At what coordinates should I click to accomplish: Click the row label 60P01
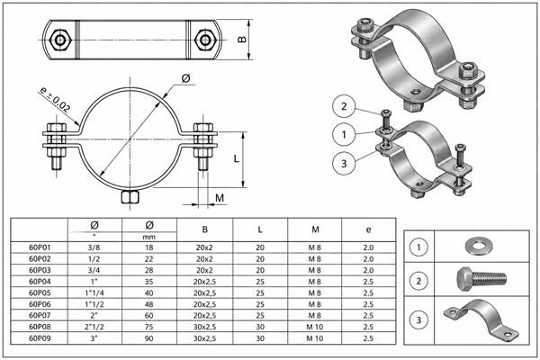40,247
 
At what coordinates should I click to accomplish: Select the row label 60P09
40,338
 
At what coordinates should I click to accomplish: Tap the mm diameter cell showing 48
148,304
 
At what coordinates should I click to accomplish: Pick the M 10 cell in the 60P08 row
315,327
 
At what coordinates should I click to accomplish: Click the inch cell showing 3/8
94,247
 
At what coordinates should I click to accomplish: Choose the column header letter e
368,229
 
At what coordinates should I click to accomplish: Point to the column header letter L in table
260,229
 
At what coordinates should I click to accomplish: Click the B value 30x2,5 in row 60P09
204,338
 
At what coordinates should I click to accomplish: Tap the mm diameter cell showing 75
148,327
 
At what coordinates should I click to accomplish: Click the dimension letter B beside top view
242,40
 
